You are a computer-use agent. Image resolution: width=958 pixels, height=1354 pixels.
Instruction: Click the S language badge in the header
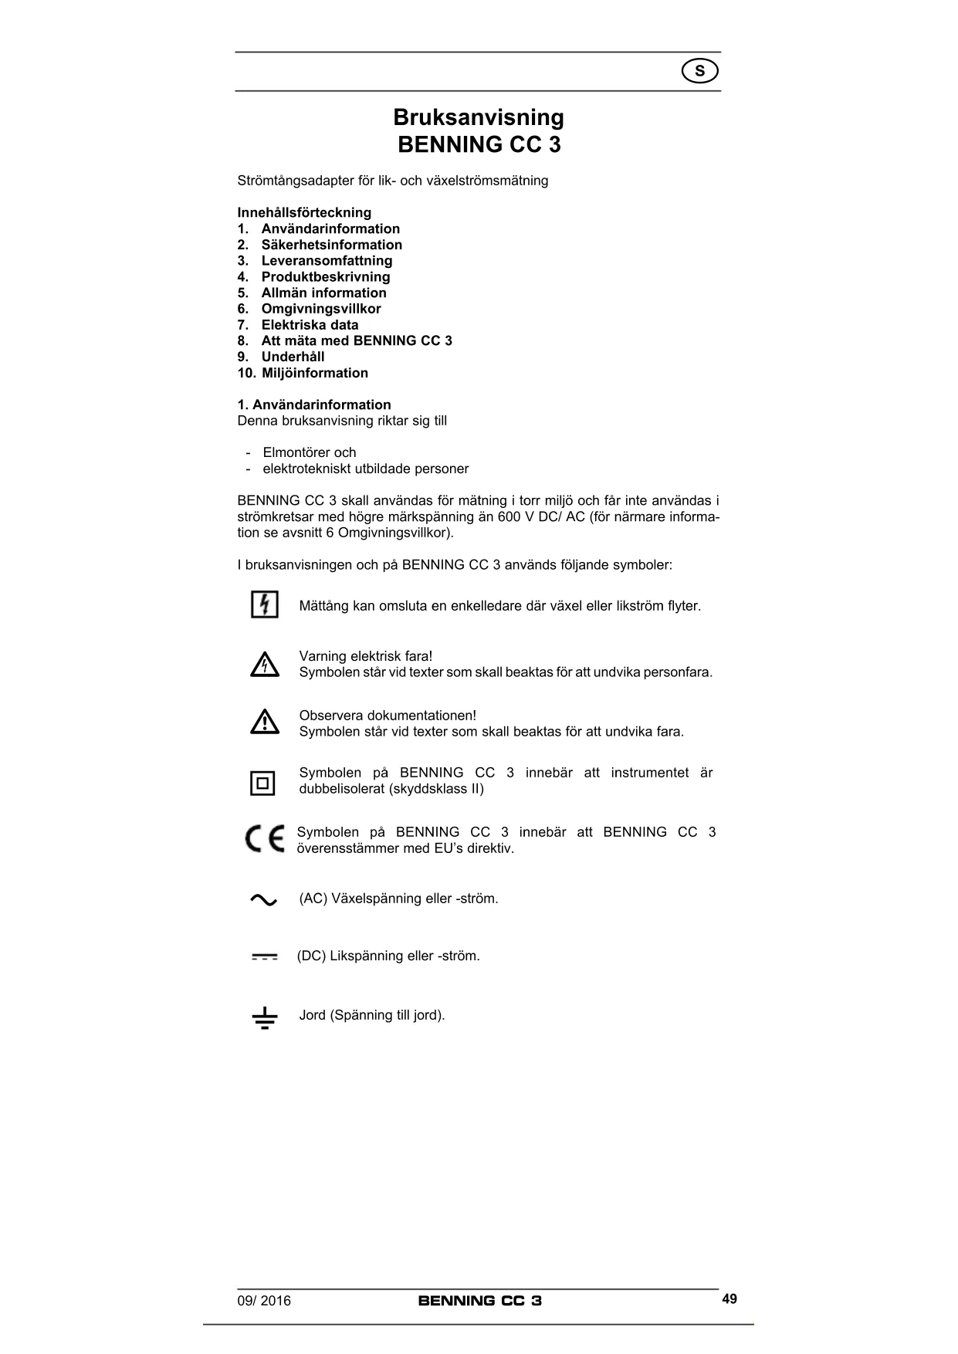tap(700, 72)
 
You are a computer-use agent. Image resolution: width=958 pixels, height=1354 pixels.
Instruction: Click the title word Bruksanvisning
tap(479, 117)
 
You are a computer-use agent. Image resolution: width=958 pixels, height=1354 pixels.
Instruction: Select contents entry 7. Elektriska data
tap(298, 325)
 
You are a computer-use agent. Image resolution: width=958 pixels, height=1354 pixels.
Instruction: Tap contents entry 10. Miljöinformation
tap(303, 373)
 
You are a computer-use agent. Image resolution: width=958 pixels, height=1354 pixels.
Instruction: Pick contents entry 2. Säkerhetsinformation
tap(320, 245)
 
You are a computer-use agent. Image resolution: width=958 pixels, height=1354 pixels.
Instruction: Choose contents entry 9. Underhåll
tap(281, 357)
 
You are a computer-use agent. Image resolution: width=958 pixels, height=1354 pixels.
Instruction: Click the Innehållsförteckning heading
tap(304, 212)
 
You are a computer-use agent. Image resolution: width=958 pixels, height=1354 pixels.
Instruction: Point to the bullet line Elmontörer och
tap(309, 452)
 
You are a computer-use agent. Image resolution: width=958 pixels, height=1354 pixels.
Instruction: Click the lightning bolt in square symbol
tap(264, 604)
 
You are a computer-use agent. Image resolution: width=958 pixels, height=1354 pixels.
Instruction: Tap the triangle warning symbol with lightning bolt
tap(264, 665)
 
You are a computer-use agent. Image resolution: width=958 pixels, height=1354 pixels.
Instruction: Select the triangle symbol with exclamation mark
tap(264, 722)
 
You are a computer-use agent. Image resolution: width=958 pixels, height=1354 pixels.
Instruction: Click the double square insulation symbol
tap(263, 783)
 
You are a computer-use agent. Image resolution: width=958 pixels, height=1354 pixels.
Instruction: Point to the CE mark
tap(264, 839)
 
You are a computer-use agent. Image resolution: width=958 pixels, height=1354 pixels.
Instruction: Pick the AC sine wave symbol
tap(263, 900)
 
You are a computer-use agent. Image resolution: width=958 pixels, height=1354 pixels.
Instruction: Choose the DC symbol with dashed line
tap(264, 957)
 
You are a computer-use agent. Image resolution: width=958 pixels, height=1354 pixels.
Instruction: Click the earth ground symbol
tap(264, 1019)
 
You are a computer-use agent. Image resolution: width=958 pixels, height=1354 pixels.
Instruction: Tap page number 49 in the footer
tap(730, 1299)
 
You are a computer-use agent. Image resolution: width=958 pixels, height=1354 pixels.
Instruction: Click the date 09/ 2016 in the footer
tap(264, 1301)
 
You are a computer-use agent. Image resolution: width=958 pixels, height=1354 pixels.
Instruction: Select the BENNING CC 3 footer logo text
tap(479, 1301)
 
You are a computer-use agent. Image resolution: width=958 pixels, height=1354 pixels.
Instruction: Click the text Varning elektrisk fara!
tap(366, 656)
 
